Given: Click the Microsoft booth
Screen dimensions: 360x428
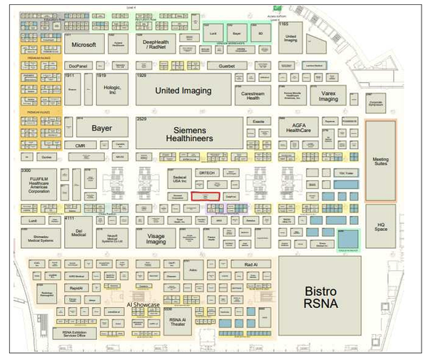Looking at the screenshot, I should click(x=83, y=44).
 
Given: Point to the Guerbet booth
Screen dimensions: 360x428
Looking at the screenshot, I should click(x=227, y=66).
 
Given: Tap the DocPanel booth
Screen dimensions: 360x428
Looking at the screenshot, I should click(x=78, y=66).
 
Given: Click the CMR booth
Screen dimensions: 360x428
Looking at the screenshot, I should click(x=80, y=145).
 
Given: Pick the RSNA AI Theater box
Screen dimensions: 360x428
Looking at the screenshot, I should click(x=177, y=322).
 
